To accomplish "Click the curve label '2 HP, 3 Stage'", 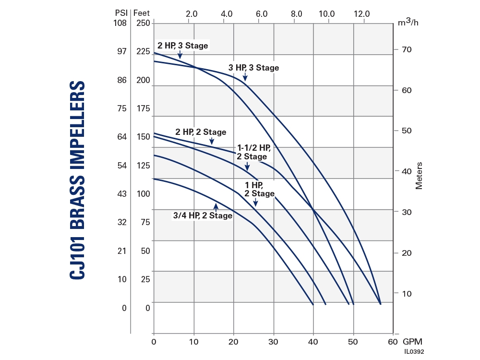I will click(x=183, y=46).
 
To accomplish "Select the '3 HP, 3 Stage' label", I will click(x=253, y=68).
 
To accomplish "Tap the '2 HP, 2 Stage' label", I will click(x=201, y=132).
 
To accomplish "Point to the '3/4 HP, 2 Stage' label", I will click(x=203, y=216).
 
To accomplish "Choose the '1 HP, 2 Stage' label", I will click(x=259, y=189).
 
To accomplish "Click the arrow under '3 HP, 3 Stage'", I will click(x=245, y=76).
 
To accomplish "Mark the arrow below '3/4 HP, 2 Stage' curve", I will click(x=216, y=207).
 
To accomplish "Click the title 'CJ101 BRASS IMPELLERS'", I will click(x=77, y=180).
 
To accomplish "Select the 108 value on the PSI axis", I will click(x=120, y=23).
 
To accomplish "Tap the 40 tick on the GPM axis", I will click(x=313, y=342).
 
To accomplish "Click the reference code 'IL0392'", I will click(x=414, y=352).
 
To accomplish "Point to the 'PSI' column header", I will click(x=120, y=12).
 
